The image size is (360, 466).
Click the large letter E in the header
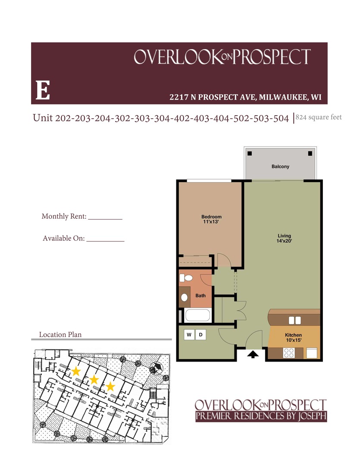tap(43, 91)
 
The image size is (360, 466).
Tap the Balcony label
tap(280, 167)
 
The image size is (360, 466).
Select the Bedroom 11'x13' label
tap(211, 219)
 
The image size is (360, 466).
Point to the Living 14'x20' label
tap(285, 238)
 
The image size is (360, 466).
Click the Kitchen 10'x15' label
tap(293, 338)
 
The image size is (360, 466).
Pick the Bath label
tap(200, 296)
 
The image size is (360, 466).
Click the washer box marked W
tap(189, 334)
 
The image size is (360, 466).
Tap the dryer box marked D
tap(200, 334)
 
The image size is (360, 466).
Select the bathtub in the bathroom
tap(197, 315)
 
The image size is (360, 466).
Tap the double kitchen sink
tap(294, 320)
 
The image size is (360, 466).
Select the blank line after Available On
tap(105, 240)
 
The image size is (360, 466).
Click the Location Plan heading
tap(60, 334)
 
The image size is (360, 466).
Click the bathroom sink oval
tap(185, 297)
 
